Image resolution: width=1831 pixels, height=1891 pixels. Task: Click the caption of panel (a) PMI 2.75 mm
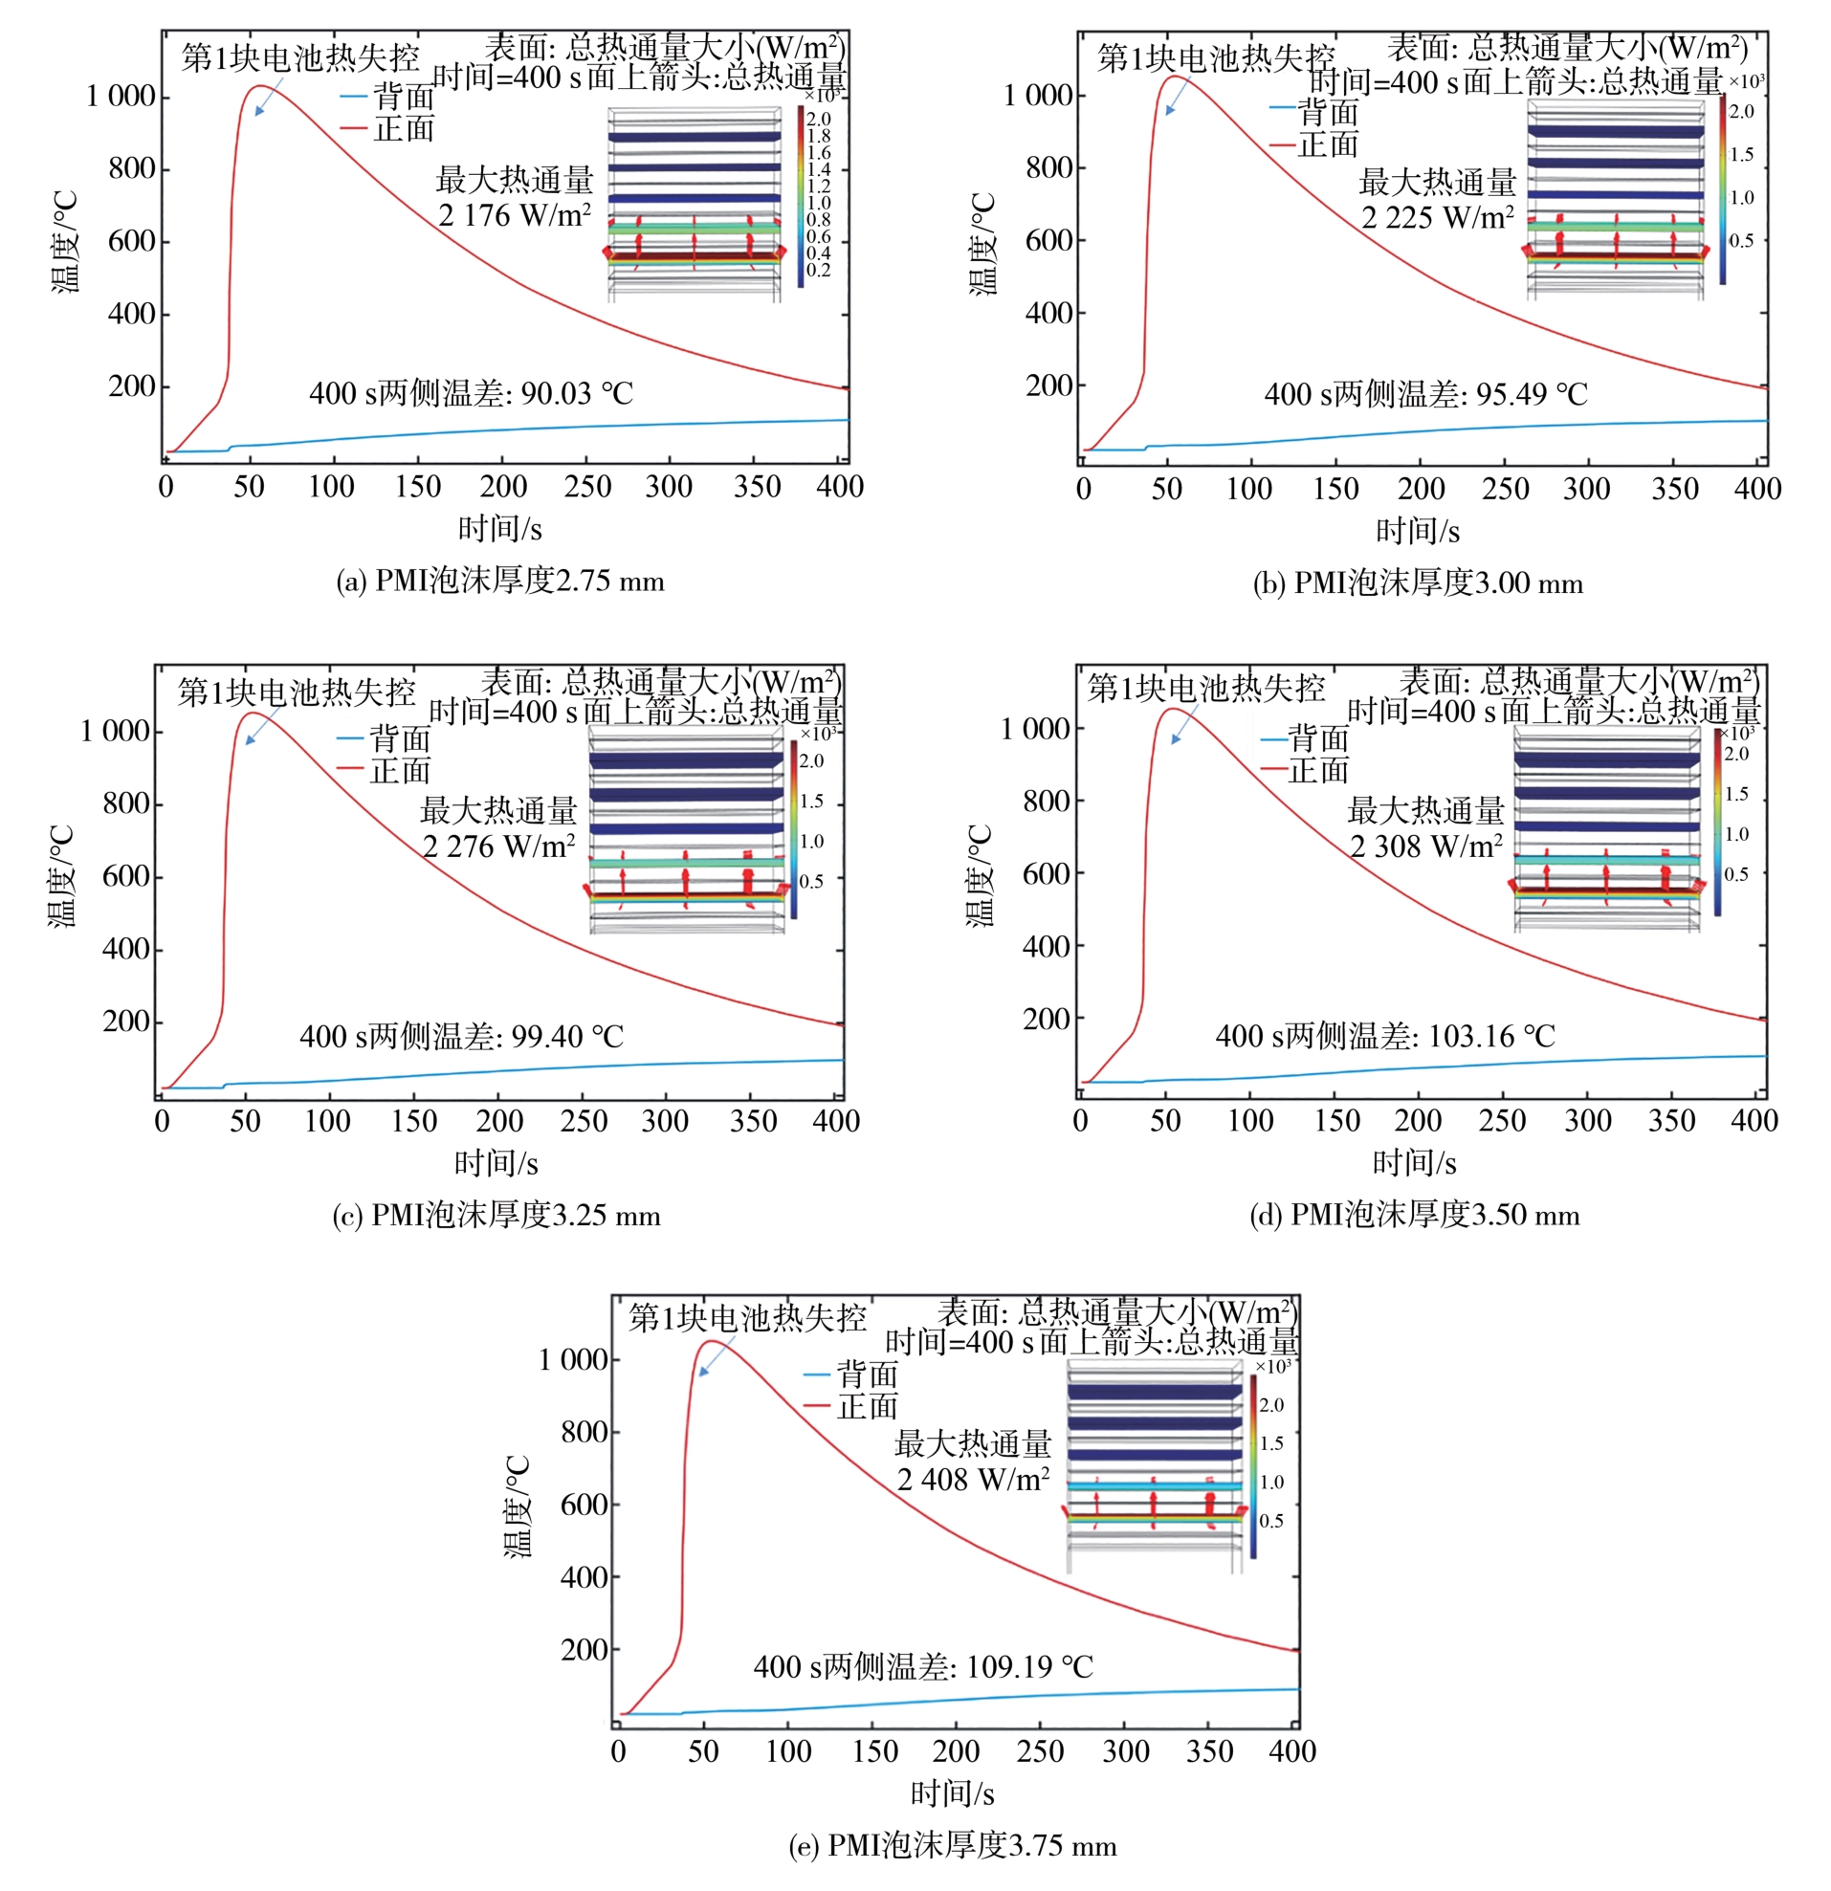pos(499,581)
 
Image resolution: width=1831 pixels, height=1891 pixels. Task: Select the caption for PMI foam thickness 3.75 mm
pos(952,1846)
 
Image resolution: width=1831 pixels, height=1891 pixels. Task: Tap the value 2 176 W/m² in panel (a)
pos(514,215)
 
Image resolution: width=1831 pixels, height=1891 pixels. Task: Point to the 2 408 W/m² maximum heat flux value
pos(972,1479)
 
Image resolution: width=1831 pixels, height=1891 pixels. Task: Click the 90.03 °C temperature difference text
pos(471,394)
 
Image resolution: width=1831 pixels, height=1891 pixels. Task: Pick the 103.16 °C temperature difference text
pos(1384,1036)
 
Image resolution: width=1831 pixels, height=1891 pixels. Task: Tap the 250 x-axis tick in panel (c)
pos(584,1121)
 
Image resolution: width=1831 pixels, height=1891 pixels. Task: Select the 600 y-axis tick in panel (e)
pos(584,1505)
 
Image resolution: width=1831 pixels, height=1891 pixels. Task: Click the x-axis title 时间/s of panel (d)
pos(1414,1162)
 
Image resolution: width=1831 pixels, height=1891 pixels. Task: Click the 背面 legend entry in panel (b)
pos(1328,113)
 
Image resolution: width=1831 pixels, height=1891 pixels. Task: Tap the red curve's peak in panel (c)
pos(253,714)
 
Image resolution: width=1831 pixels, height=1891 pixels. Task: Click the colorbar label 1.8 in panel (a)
pos(818,136)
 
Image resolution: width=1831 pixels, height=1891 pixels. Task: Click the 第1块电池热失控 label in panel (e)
pos(747,1318)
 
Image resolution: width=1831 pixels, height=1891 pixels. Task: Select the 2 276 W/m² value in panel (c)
pos(498,847)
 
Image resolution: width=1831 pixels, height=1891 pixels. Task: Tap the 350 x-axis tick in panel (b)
pos(1674,489)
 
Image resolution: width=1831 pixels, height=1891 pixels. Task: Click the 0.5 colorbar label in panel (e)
pos(1270,1522)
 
